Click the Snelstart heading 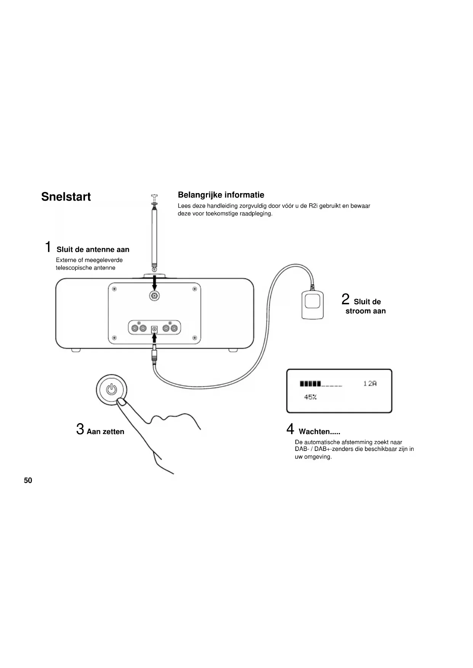pyautogui.click(x=66, y=197)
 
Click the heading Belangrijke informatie pyautogui.click(x=221, y=195)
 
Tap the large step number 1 pyautogui.click(x=48, y=247)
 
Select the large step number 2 pyautogui.click(x=345, y=299)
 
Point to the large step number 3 pyautogui.click(x=80, y=429)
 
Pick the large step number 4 pyautogui.click(x=290, y=429)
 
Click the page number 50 pyautogui.click(x=28, y=481)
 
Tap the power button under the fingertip pyautogui.click(x=111, y=389)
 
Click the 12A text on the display pyautogui.click(x=369, y=384)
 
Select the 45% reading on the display pyautogui.click(x=310, y=397)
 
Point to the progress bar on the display pyautogui.click(x=321, y=384)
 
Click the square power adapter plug pyautogui.click(x=313, y=304)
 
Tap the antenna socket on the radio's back pyautogui.click(x=154, y=296)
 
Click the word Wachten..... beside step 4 pyautogui.click(x=319, y=432)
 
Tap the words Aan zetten pyautogui.click(x=106, y=432)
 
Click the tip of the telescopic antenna pyautogui.click(x=154, y=197)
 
